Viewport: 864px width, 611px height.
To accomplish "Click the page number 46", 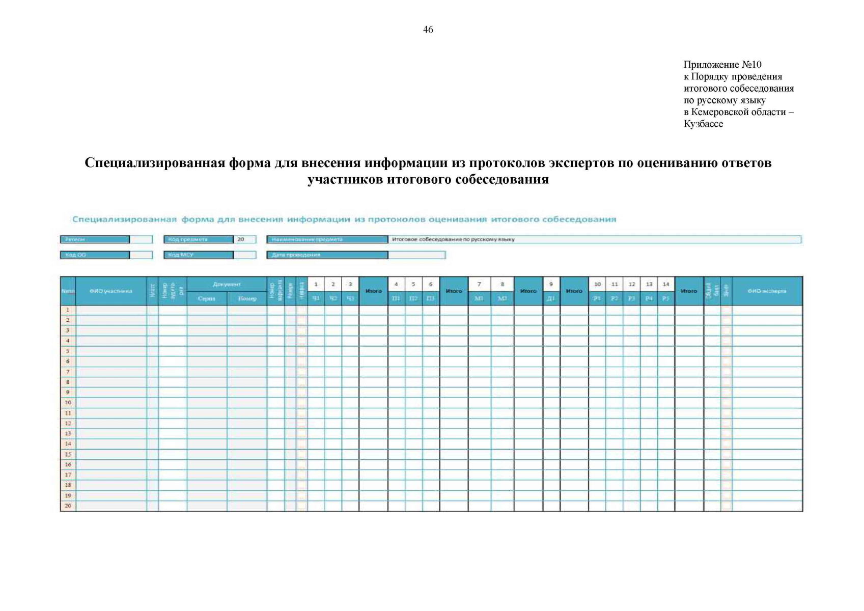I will pos(428,30).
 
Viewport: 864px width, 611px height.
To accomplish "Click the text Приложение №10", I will pos(722,65).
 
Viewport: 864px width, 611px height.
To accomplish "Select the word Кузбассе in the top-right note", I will pos(703,124).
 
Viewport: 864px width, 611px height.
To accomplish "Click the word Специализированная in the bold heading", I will pos(154,163).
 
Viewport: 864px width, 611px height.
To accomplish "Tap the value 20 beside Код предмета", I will pos(241,239).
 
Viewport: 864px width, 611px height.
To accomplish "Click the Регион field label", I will pos(75,239).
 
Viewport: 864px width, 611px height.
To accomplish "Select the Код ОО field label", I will pos(75,255).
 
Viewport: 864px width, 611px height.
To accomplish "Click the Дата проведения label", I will pos(296,255).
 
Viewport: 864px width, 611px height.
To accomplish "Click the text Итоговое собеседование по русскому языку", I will pos(453,239).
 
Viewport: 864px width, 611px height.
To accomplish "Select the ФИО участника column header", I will pos(110,291).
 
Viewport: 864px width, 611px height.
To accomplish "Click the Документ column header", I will pos(227,284).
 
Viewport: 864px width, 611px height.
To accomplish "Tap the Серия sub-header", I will pos(206,298).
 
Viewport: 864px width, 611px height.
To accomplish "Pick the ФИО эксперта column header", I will pos(767,291).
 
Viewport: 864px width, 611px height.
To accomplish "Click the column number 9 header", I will pos(551,284).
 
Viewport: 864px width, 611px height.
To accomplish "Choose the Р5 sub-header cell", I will pos(665,298).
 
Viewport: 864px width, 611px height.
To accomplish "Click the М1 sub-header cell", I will pos(479,298).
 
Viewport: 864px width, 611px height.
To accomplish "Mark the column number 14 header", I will pos(666,284).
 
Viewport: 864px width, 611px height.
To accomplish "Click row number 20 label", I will pos(68,506).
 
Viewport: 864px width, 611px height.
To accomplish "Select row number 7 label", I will pos(68,372).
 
